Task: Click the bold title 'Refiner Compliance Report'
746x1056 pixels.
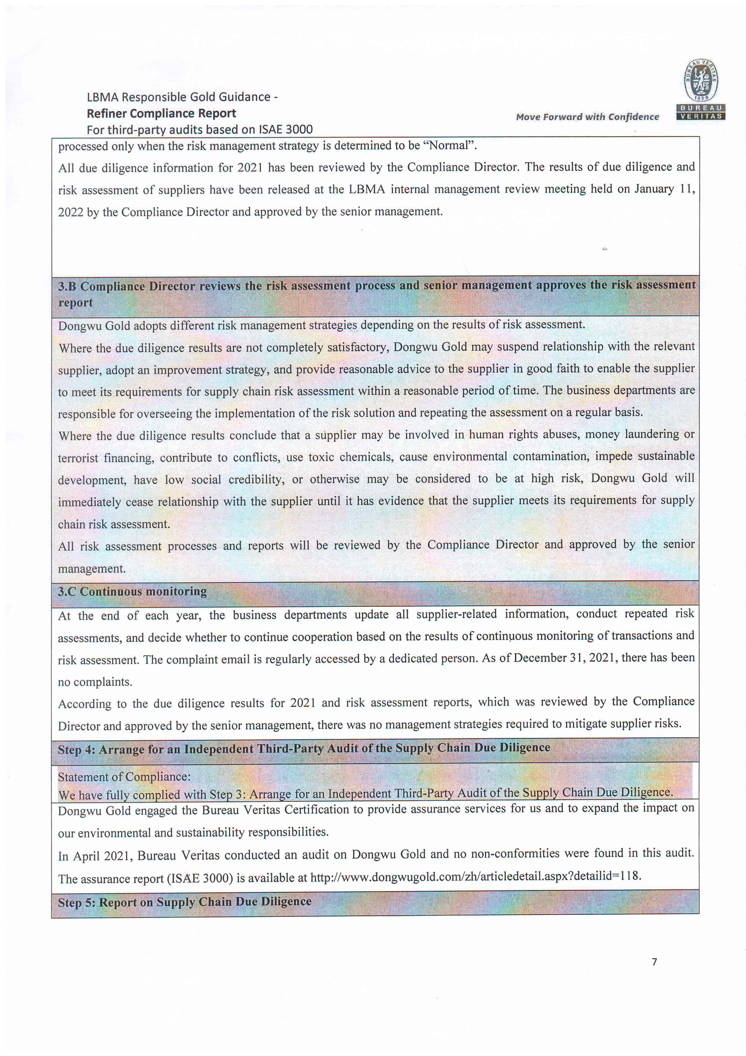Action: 161,113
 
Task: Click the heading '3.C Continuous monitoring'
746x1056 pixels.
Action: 132,592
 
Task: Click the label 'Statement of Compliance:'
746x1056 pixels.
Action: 124,777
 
